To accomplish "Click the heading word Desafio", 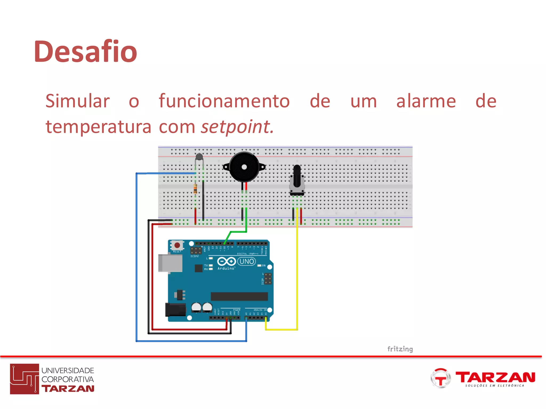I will coord(85,51).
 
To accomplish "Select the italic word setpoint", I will coord(237,127).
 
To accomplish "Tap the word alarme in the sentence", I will coord(426,101).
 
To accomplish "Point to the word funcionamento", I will coord(224,101).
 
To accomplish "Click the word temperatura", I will coord(98,127).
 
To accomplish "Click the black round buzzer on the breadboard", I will coord(244,167).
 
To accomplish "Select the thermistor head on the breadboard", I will coord(199,157).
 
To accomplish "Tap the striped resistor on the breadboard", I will coord(195,189).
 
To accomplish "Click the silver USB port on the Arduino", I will coord(170,263).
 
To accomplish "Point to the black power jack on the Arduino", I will coord(175,309).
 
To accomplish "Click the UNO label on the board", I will coord(247,261).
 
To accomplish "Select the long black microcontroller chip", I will coord(239,296).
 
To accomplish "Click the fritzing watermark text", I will coord(400,349).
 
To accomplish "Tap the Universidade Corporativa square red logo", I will coord(25,379).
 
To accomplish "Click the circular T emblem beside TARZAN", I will coord(440,378).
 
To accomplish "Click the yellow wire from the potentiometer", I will coord(297,280).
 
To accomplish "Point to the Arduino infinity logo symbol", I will coord(226,261).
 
